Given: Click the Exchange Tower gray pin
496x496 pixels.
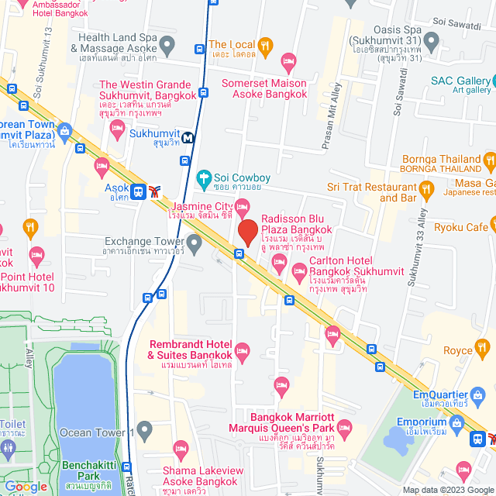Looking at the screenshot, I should click(195, 244).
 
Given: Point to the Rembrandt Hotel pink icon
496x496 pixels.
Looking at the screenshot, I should click(242, 351).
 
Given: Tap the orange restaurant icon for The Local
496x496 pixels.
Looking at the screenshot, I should click(265, 46).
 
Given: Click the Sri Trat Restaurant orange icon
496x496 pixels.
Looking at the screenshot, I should click(425, 188).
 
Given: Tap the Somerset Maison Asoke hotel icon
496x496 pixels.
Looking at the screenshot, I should click(288, 60).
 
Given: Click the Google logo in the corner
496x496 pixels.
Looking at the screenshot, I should click(25, 486).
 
